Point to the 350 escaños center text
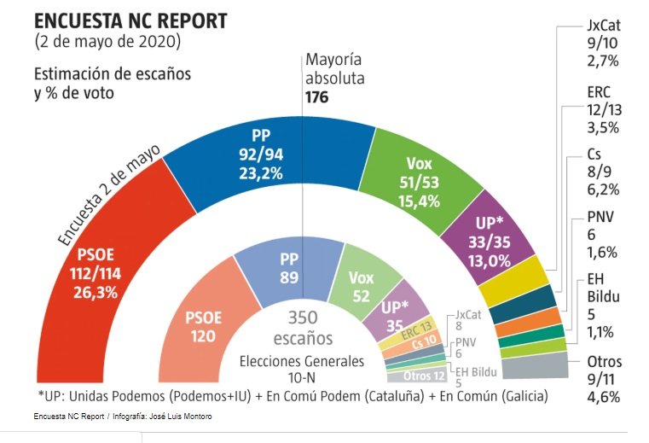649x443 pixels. pos(302,327)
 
